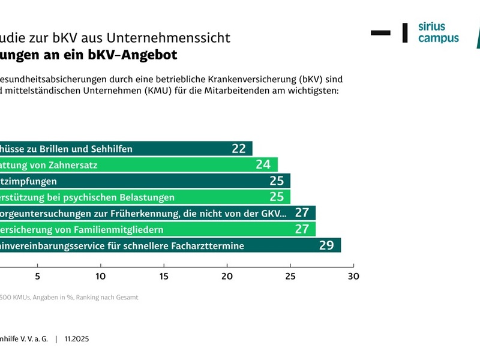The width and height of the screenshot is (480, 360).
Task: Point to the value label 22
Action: (x=239, y=149)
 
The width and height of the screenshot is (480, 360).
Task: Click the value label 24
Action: (x=263, y=165)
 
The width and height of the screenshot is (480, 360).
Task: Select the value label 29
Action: (x=326, y=245)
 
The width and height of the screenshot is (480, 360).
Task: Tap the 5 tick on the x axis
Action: (x=38, y=276)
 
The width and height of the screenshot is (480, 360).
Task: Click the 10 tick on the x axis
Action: (x=101, y=276)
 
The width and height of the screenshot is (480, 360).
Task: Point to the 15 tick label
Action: (x=164, y=276)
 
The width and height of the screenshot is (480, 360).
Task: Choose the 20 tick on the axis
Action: (x=227, y=276)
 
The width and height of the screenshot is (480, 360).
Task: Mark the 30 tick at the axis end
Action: (x=353, y=276)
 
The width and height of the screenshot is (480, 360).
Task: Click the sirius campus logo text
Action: (x=438, y=33)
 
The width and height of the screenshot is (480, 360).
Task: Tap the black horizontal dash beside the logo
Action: (x=380, y=32)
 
